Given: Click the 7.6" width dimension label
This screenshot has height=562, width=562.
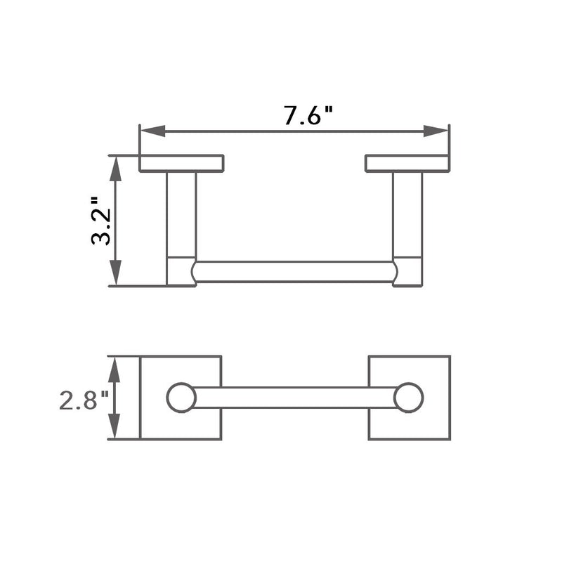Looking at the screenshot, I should pos(308,115).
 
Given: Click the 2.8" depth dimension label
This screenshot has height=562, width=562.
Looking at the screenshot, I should pos(84,401).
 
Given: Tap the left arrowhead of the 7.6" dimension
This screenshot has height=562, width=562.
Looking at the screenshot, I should pos(152,131).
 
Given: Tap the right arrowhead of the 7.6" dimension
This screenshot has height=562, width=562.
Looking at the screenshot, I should pos(436,131).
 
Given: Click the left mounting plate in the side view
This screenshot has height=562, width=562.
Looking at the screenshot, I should pos(181,163).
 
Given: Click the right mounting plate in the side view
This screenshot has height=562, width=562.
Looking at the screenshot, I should pos(407,163).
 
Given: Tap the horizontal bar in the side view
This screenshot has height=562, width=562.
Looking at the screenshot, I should pos(294,272).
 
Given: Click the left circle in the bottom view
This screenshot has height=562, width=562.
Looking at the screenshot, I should pos(181,398).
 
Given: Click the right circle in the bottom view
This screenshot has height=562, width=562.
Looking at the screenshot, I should pos(408,398).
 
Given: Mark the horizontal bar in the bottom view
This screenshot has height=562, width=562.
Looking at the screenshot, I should pos(294,398).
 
